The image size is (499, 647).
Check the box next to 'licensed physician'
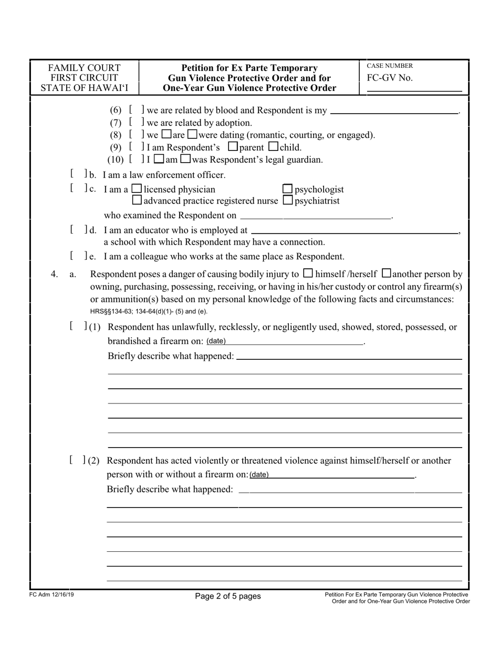[137, 189]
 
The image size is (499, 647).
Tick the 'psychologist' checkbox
[287, 189]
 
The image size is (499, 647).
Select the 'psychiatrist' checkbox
[287, 200]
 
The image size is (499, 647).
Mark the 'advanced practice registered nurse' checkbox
[137, 200]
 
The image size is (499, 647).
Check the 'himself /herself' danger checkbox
[308, 273]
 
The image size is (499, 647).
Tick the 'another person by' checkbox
[386, 273]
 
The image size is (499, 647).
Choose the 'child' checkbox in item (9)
[273, 147]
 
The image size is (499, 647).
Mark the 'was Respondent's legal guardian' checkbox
[185, 159]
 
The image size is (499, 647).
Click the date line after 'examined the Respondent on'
[315, 216]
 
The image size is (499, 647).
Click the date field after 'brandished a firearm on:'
[294, 341]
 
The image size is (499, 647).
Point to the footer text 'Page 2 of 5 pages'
[227, 596]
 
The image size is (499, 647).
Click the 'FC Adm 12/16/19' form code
[51, 595]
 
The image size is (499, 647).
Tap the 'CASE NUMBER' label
[390, 66]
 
